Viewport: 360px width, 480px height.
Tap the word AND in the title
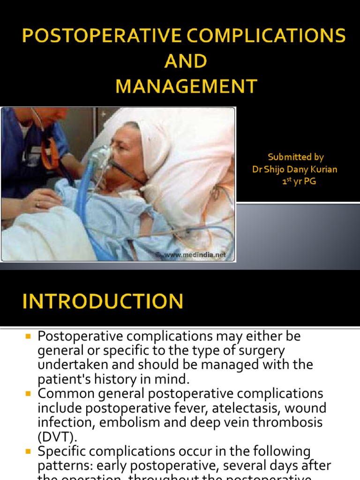coord(186,61)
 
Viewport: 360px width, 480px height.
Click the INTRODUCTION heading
coord(103,301)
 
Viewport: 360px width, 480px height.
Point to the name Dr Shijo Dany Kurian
coord(294,169)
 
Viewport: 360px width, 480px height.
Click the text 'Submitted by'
coord(295,157)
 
